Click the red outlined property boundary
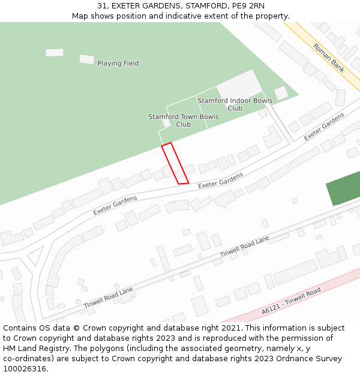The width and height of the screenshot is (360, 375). click(x=175, y=163)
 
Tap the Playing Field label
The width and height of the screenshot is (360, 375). click(x=118, y=64)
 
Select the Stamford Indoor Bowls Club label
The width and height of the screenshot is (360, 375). click(x=235, y=104)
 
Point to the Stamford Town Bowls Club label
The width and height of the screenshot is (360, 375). click(x=184, y=121)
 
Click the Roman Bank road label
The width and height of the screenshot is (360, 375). click(x=329, y=58)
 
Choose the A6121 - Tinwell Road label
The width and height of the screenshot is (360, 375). click(x=291, y=301)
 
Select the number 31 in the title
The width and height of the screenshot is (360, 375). click(x=102, y=5)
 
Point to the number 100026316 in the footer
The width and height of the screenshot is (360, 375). click(x=24, y=369)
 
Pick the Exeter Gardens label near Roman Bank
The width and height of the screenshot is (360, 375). click(x=324, y=127)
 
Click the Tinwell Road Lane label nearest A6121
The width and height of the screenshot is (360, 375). click(x=245, y=247)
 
